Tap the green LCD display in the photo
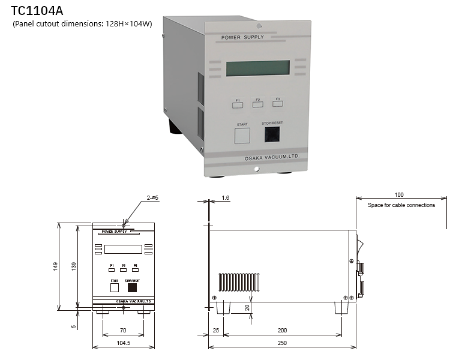tap(258, 68)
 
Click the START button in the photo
tap(242, 135)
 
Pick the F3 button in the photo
tap(277, 103)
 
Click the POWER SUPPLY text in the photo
tap(242, 37)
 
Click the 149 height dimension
tap(55, 266)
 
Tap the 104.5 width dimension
tap(122, 343)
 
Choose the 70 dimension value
tap(122, 330)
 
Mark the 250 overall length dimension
tap(282, 343)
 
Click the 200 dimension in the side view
tap(282, 330)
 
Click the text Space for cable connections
tap(401, 205)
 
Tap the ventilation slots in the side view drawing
tap(238, 282)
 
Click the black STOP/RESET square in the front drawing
tap(131, 287)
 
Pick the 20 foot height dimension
tap(247, 307)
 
